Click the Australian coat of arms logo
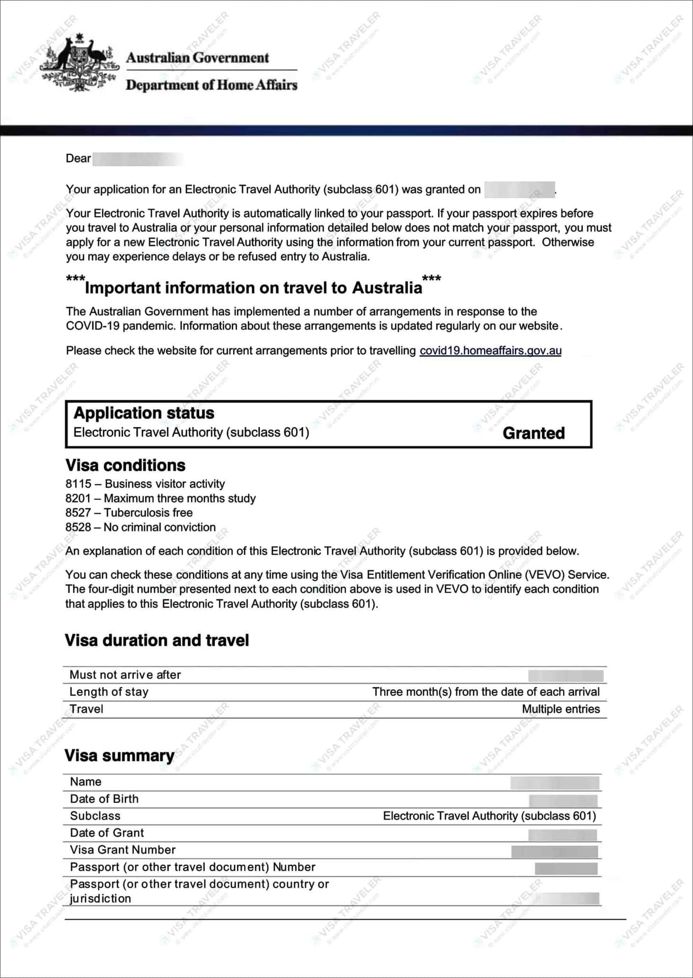pos(79,62)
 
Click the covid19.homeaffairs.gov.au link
pos(490,351)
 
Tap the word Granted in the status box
pos(533,433)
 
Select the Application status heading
pos(144,413)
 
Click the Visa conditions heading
pos(125,466)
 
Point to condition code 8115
pos(78,484)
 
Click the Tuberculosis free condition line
pos(129,513)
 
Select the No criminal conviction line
pos(141,527)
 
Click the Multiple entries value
pos(561,709)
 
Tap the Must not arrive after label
pos(125,675)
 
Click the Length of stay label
pos(109,692)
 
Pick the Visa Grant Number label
pos(123,850)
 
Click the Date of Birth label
pos(104,799)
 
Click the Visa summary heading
pos(119,756)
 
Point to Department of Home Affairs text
pos(211,85)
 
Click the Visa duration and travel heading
pos(157,640)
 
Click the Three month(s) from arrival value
pos(486,692)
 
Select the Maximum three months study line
pos(161,499)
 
